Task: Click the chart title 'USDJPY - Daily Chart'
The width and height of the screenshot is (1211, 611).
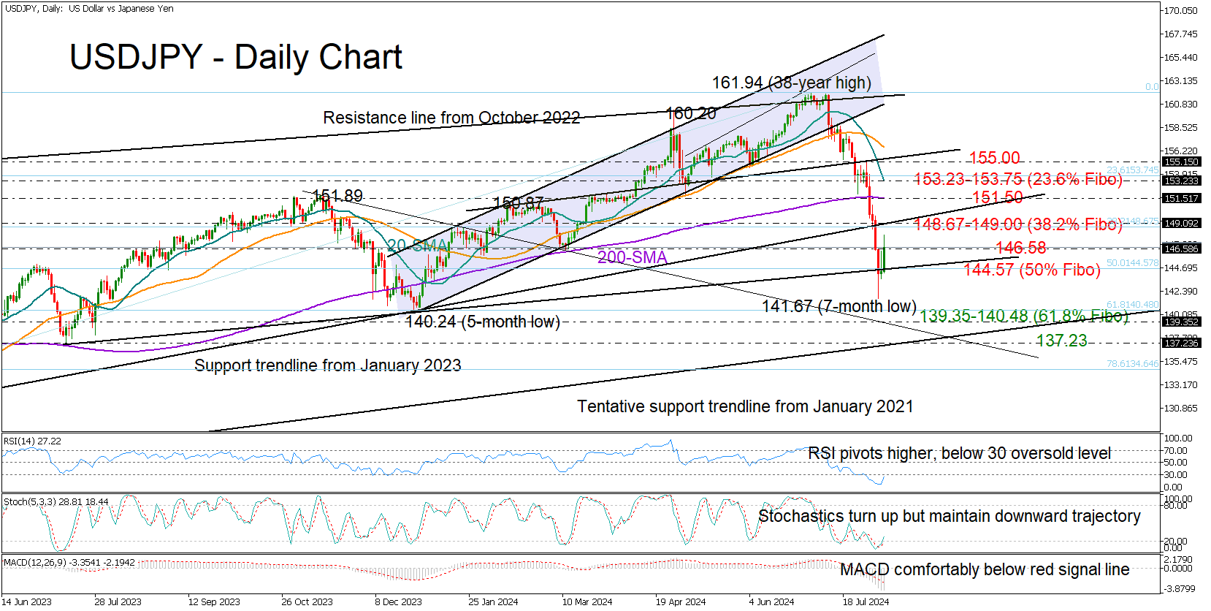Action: (x=235, y=57)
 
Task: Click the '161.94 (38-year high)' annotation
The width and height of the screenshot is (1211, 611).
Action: (x=791, y=83)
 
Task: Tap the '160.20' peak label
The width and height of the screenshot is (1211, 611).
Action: (x=690, y=113)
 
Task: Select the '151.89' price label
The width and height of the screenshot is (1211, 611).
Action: (x=337, y=196)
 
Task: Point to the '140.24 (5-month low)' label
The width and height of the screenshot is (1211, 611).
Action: (x=482, y=322)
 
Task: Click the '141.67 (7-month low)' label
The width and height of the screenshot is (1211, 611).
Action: (x=838, y=306)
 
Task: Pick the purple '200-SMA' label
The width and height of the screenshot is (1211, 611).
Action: (x=632, y=257)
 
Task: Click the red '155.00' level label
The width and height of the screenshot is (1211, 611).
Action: (x=994, y=158)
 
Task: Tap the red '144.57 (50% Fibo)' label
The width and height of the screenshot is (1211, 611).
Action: (x=1031, y=270)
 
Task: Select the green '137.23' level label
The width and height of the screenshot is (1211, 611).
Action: (x=1061, y=341)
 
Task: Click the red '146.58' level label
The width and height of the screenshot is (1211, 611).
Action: (x=1020, y=248)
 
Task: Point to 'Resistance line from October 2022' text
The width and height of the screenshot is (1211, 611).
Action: (x=451, y=118)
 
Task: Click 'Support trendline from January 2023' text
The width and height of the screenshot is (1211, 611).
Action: (x=327, y=365)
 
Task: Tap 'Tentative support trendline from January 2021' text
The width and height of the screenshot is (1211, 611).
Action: (x=745, y=406)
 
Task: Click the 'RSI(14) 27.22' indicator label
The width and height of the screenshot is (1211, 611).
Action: (x=33, y=441)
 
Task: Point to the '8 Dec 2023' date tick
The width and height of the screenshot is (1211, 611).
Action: (x=398, y=602)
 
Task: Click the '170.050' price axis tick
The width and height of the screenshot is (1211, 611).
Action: (x=1180, y=11)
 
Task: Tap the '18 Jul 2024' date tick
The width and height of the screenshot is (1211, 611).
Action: (x=866, y=602)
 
